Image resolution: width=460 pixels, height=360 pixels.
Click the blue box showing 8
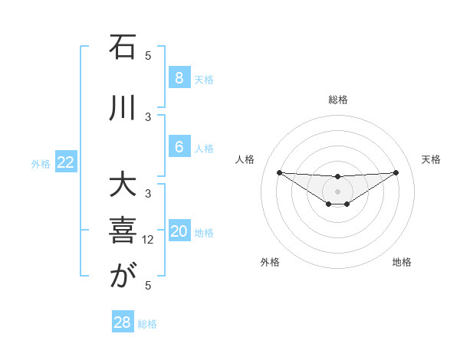click(179, 78)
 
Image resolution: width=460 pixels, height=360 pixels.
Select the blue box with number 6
click(179, 147)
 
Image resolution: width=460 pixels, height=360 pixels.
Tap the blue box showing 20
click(179, 232)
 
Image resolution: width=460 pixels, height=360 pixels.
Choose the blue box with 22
click(66, 162)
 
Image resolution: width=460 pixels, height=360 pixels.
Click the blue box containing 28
click(123, 322)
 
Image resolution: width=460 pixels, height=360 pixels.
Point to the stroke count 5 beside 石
click(149, 55)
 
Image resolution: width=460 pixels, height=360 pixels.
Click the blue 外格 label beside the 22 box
click(41, 163)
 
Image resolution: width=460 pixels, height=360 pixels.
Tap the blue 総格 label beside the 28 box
click(147, 324)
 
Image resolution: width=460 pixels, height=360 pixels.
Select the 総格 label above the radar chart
click(338, 100)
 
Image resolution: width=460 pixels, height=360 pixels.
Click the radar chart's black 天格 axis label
click(432, 159)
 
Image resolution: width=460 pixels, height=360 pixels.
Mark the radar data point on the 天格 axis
click(396, 172)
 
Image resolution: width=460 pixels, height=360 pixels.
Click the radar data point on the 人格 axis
click(279, 172)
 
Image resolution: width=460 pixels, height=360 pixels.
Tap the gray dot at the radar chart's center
click(337, 191)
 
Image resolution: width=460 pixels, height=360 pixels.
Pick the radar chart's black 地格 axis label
click(402, 262)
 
